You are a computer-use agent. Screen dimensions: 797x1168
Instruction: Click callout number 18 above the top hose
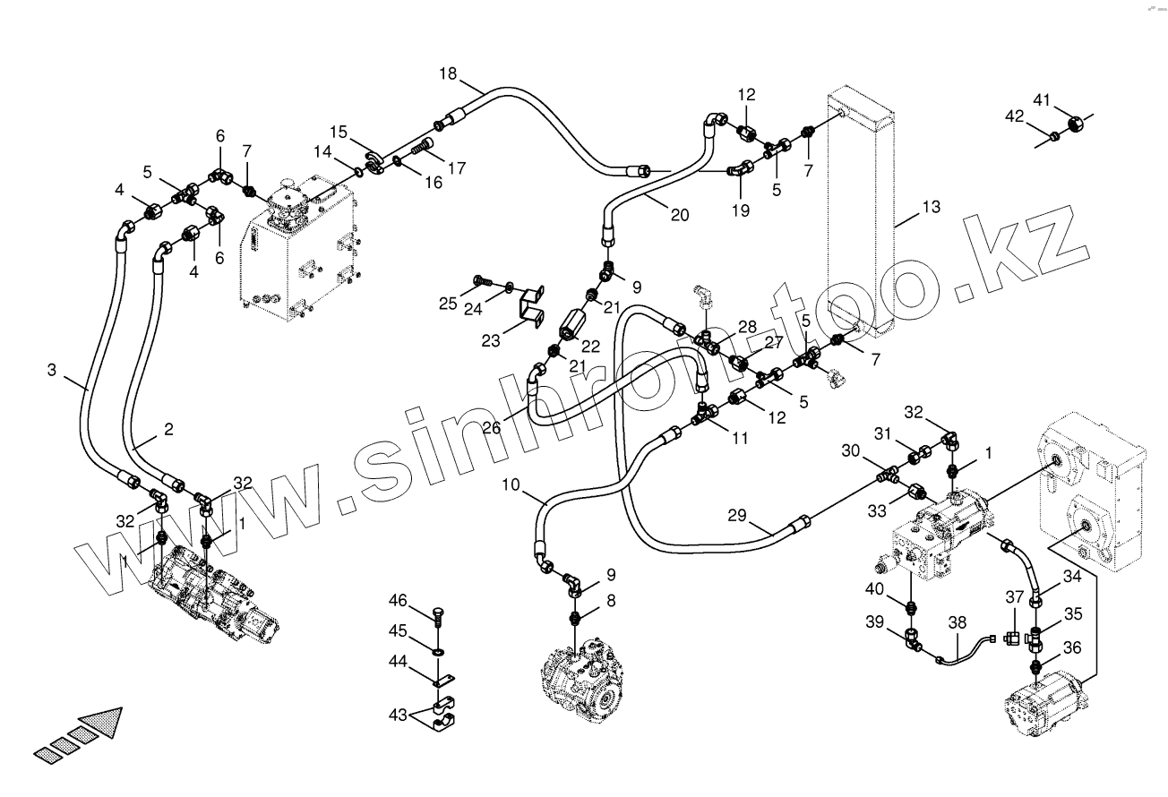448,73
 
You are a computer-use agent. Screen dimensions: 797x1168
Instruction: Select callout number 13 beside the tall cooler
931,208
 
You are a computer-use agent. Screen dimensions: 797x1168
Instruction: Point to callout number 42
1014,116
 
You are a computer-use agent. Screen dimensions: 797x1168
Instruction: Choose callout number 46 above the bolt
398,600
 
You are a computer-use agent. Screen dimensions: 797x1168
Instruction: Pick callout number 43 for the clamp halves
397,716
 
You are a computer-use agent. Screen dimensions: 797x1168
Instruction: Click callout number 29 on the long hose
736,515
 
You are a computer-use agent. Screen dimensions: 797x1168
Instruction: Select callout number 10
510,486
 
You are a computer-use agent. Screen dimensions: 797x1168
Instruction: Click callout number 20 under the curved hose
680,215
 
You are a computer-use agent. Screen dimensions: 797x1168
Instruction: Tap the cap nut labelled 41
1077,121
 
